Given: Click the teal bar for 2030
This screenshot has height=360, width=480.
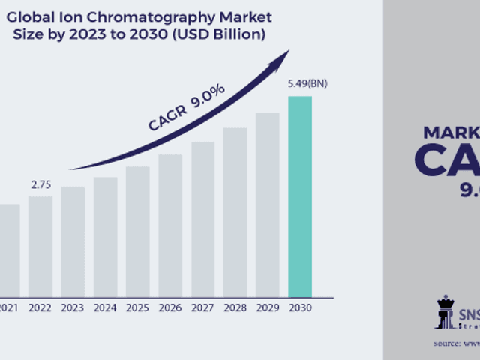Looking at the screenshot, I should coord(300,196).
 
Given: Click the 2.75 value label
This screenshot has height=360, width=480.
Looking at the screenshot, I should coord(40,184).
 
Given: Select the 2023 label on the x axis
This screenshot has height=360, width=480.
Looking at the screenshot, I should coord(73,307).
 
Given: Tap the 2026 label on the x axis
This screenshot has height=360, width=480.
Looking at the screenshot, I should coord(170,307).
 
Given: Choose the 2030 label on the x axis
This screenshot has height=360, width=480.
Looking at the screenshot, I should coord(300,307).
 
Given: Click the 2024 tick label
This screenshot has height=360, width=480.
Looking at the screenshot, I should coord(105,307).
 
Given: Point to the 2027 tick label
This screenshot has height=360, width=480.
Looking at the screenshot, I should coord(202,307).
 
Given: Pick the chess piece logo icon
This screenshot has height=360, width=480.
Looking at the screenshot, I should coord(445,312).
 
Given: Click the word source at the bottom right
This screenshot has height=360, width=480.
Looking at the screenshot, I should coord(448,343).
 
